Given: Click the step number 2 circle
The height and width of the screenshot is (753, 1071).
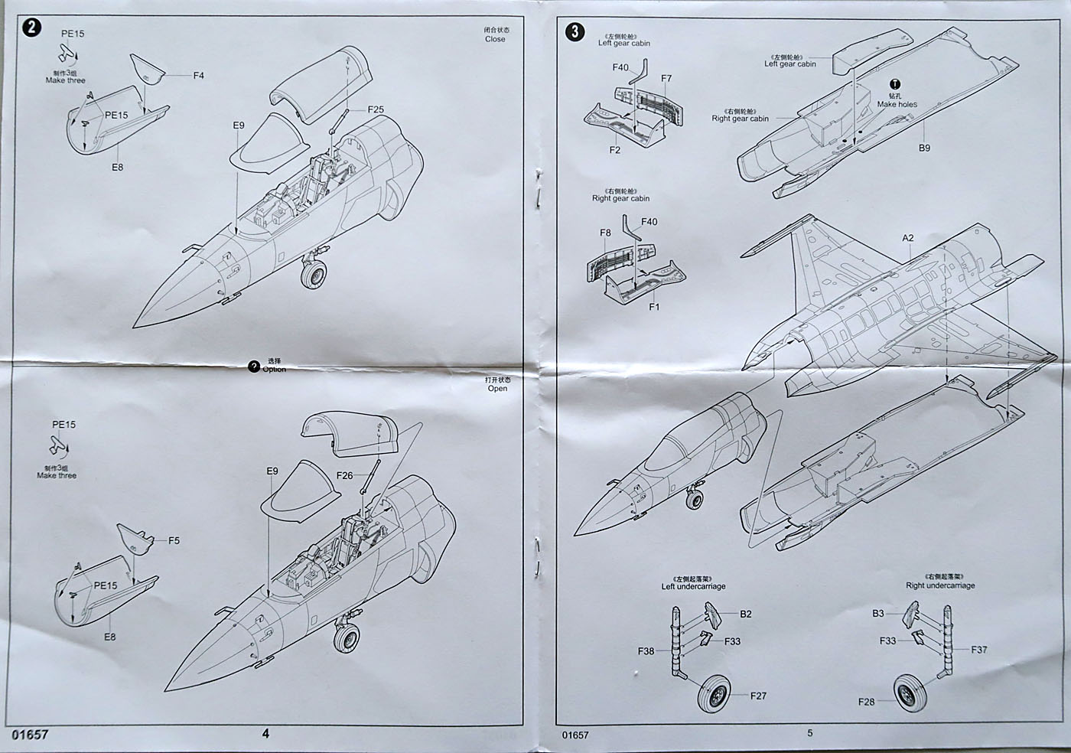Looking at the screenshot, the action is click(31, 28).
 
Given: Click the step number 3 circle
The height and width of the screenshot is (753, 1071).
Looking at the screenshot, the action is click(575, 32).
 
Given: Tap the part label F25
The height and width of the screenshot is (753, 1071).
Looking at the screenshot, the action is click(376, 109).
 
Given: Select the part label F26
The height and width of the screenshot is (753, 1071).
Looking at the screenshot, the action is click(345, 475).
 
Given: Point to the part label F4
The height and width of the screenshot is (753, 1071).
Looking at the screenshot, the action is click(199, 76).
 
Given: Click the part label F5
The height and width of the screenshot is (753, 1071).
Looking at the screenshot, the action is click(174, 540).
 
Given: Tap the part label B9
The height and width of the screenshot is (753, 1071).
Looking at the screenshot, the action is click(924, 148).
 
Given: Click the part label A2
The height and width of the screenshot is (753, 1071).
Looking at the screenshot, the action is click(908, 238).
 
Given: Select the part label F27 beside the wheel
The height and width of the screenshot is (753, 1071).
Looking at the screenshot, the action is click(758, 696).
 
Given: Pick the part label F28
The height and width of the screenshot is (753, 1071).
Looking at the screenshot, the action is click(866, 702).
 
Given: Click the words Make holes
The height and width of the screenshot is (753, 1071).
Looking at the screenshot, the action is click(897, 105).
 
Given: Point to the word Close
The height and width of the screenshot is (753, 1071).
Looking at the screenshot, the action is click(495, 39).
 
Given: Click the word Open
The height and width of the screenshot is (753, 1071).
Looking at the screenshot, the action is click(497, 388).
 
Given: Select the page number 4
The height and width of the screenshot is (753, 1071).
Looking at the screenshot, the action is click(265, 733).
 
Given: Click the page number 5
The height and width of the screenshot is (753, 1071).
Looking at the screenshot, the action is click(810, 733).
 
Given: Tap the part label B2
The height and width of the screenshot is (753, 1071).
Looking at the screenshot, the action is click(746, 614).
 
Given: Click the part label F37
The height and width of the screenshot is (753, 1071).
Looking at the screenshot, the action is click(979, 650).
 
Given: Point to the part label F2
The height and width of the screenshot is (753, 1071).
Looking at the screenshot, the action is click(615, 150).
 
